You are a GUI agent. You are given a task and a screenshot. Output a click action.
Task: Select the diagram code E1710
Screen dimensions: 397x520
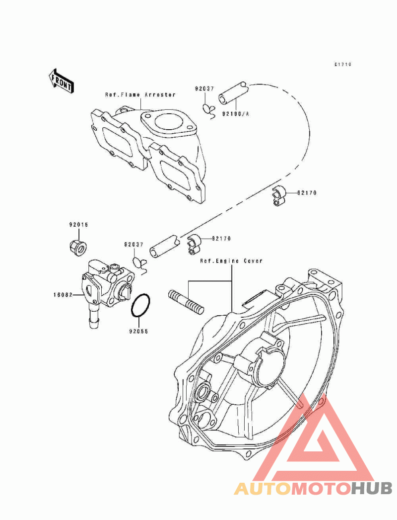click(342, 64)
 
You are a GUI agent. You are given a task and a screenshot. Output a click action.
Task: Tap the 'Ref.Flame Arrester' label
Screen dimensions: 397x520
click(140, 95)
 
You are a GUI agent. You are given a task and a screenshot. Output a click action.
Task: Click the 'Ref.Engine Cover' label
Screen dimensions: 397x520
click(231, 261)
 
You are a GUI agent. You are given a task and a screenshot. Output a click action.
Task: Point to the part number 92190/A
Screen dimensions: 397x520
click(235, 114)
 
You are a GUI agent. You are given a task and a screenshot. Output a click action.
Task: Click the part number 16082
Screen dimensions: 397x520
click(63, 294)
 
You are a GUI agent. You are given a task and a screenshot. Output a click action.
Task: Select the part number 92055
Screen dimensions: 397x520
click(139, 331)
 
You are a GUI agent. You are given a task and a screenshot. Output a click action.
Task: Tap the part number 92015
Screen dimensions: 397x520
click(79, 225)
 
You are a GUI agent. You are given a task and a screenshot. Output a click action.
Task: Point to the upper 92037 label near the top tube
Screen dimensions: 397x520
click(204, 89)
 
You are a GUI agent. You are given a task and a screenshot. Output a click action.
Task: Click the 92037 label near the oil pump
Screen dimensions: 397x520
click(134, 245)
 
